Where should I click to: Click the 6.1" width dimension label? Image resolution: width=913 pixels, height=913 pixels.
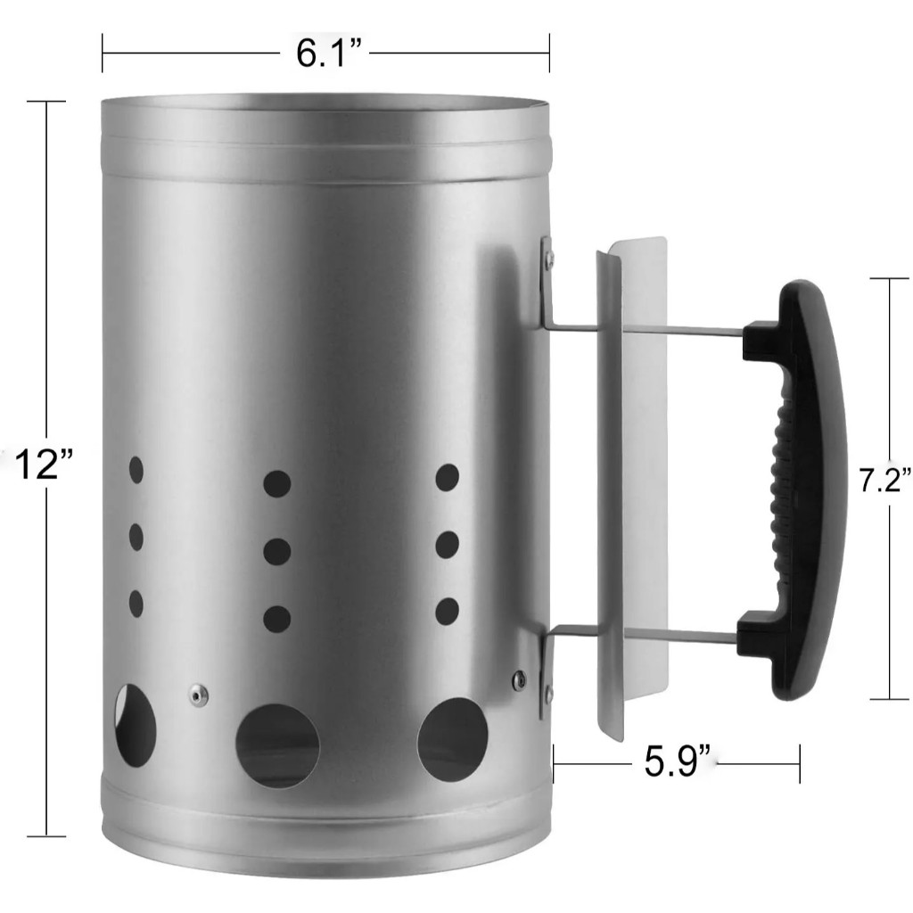coord(329,53)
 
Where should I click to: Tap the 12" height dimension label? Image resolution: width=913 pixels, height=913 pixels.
coord(44,465)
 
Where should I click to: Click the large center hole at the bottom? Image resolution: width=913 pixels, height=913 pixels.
coord(278,746)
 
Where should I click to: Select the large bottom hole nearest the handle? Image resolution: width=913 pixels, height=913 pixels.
coord(452,739)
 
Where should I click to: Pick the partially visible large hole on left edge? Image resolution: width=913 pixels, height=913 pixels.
coord(136,725)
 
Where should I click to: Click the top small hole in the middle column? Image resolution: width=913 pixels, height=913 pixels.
coord(277,484)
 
